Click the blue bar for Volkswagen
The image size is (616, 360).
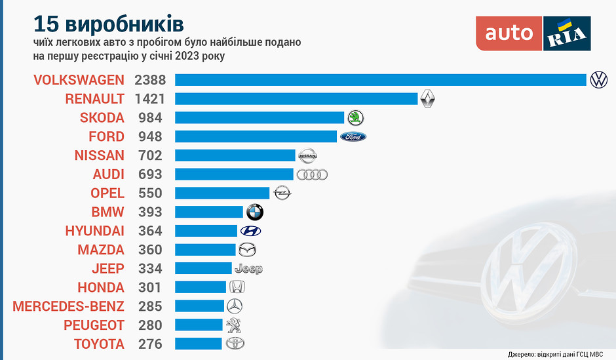pos(380,80)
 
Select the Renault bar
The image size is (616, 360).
pos(296,99)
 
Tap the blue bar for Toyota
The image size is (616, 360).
pos(199,344)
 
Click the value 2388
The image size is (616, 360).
pos(150,80)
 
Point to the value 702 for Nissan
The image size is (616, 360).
pos(150,155)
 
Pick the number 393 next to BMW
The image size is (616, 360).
pos(150,212)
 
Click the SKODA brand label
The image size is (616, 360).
pos(102,118)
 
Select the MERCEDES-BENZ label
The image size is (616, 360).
pos(68,306)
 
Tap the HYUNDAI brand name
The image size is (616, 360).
pos(94,231)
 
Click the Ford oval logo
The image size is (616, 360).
pos(353,136)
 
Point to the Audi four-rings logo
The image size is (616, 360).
pos(312,174)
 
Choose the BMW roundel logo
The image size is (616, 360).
pos(254,212)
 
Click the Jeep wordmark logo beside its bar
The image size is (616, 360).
pos(248,269)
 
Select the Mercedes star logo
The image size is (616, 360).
pos(234,306)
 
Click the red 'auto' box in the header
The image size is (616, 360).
pos(509,33)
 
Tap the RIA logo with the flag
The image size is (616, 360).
pos(567,33)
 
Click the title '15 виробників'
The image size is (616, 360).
pos(109,24)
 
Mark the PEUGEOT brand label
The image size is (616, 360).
pos(94,325)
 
